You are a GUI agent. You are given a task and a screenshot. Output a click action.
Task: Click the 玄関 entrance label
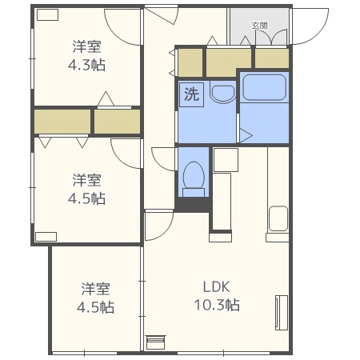point(259,26)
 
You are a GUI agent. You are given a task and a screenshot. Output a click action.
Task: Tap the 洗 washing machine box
point(191,94)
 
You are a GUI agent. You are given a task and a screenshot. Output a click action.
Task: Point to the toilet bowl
point(193,175)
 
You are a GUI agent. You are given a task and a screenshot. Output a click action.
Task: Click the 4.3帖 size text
point(88,66)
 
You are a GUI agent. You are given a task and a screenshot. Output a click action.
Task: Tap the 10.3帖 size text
point(216,306)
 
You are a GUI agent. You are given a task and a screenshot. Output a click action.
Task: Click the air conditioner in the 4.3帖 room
point(47,14)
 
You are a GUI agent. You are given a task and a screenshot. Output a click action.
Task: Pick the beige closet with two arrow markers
point(62,122)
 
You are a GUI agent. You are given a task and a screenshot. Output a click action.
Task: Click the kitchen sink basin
point(278,218)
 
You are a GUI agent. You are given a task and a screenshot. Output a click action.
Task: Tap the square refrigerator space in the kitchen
point(225,159)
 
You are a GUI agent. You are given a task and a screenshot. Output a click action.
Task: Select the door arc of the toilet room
point(165,158)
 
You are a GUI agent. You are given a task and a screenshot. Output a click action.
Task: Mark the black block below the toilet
point(192,206)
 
